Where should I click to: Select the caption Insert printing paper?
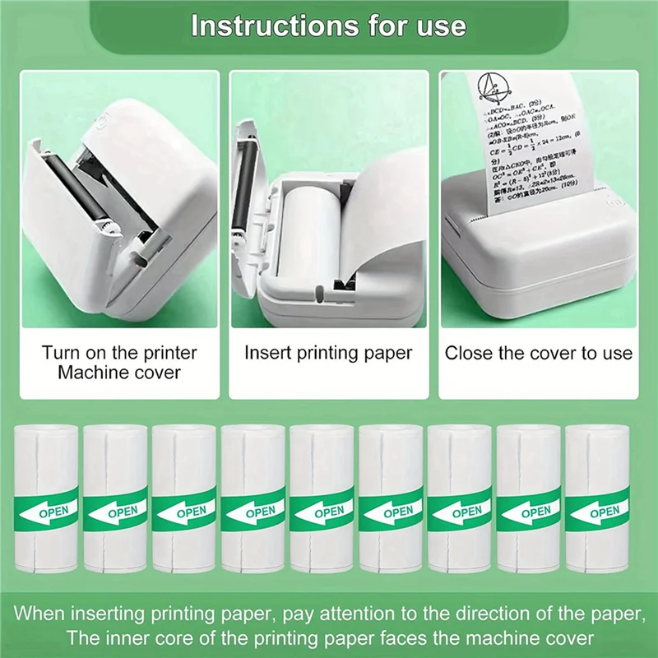pos(328,353)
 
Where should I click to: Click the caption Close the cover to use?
pos(539,354)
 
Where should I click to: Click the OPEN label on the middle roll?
pos(329,512)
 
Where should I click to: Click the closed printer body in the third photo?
pos(535,263)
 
